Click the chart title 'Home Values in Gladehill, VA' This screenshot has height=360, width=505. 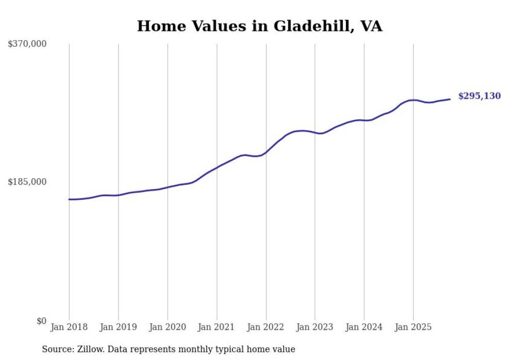point(259,26)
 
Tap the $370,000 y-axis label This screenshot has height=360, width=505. point(27,44)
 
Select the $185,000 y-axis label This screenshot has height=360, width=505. point(27,182)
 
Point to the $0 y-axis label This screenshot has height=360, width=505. point(41,321)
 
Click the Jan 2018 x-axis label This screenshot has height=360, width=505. point(69,327)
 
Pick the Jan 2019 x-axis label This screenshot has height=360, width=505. point(119,327)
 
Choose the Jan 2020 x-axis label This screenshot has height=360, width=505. point(167,327)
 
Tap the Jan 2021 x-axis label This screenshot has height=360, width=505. point(216,327)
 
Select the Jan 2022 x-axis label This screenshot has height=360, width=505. point(266,327)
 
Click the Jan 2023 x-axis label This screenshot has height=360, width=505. point(315,327)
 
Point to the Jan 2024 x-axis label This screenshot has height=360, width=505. point(364,327)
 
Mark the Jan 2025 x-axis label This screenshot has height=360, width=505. point(413,327)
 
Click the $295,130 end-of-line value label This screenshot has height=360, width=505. point(479,96)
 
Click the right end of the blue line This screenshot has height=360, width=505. point(450,99)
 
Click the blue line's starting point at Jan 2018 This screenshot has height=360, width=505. point(69,199)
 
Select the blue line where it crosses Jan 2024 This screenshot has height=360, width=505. point(364,121)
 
